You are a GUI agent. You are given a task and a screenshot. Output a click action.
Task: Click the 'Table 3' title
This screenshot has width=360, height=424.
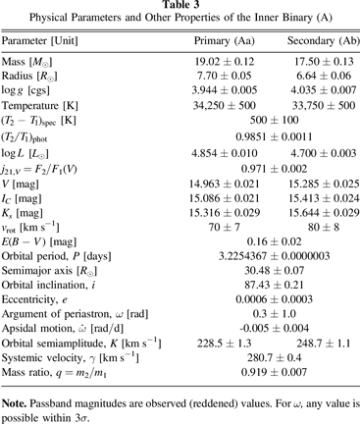180,7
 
